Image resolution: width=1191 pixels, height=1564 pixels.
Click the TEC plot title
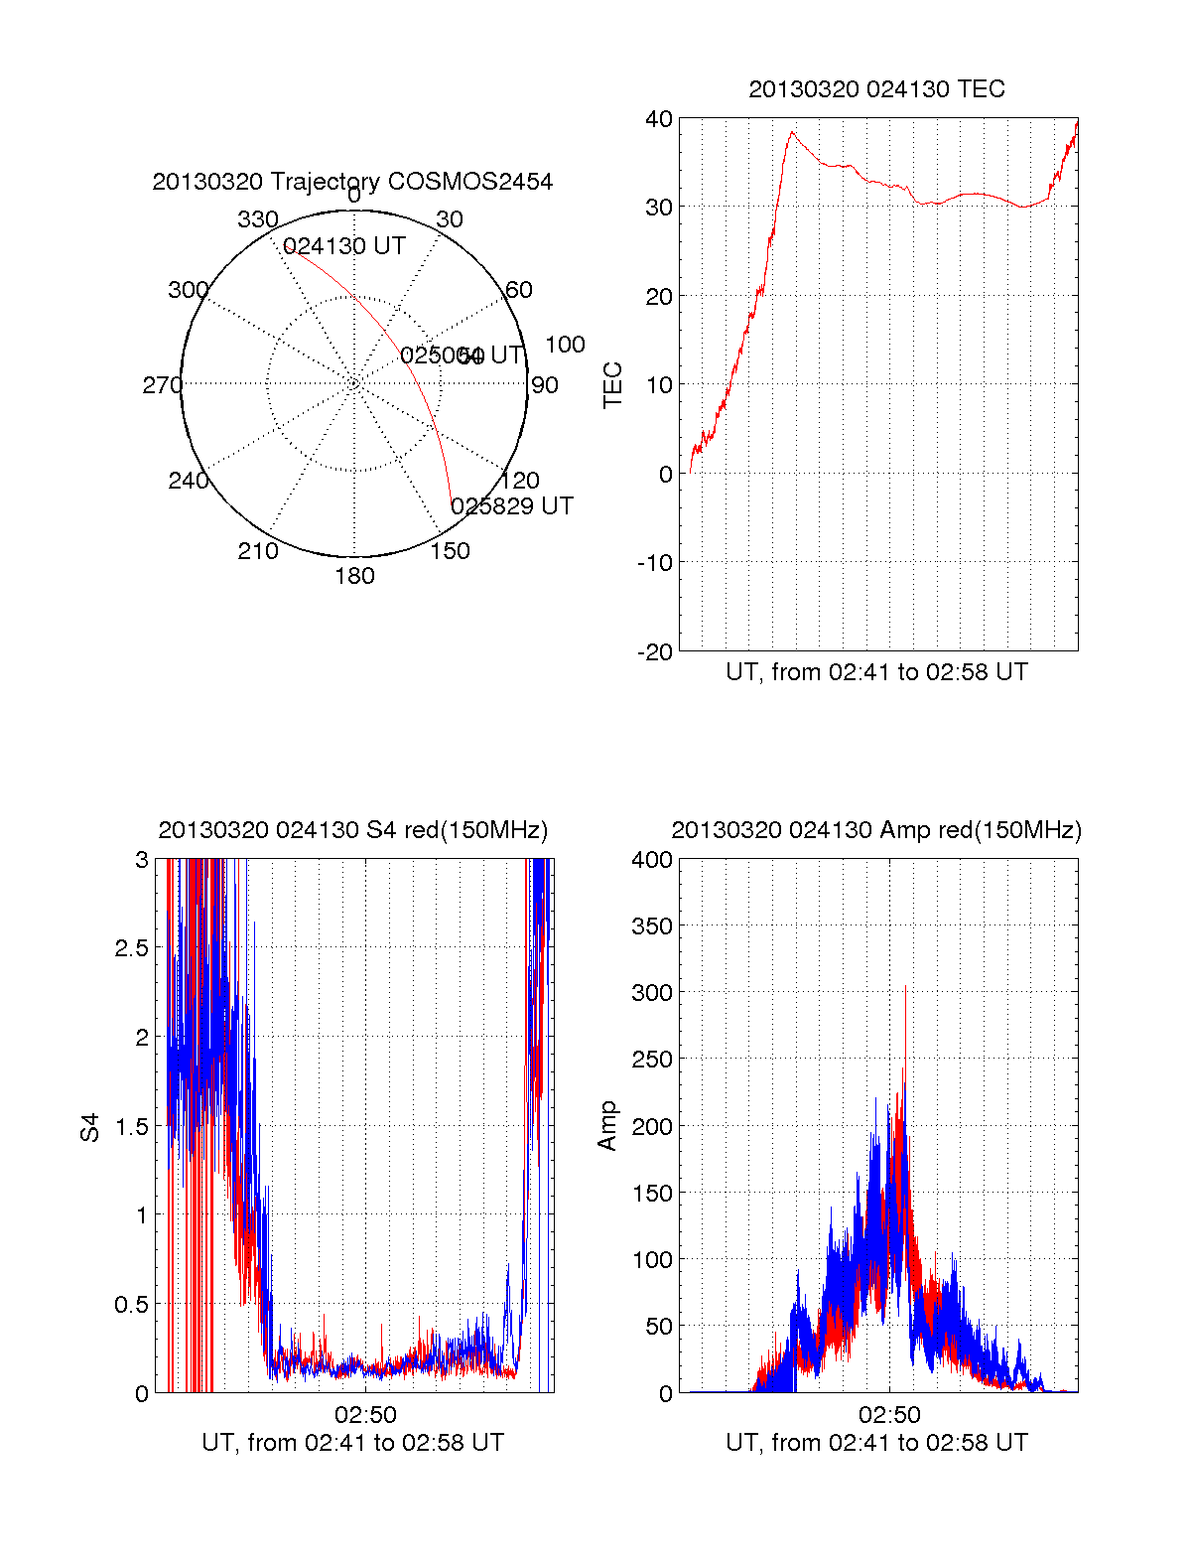pos(876,89)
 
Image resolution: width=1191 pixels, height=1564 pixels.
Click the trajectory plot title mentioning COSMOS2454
pos(352,182)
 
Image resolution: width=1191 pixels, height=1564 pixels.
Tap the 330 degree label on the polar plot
pos(257,219)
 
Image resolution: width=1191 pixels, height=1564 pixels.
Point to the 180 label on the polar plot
pos(354,576)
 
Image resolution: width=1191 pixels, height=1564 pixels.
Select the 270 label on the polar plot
pos(162,385)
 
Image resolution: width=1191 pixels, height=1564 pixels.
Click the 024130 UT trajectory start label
pos(344,246)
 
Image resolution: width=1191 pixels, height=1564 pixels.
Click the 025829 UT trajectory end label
pos(512,506)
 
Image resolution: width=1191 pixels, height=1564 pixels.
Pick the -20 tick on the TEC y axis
pos(656,652)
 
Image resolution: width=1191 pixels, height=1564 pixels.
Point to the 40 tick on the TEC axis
pos(659,119)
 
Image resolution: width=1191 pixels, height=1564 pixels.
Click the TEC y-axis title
pos(613,385)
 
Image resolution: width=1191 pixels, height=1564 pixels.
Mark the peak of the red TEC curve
pos(792,132)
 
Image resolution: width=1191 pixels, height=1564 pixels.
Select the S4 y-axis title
pos(90,1127)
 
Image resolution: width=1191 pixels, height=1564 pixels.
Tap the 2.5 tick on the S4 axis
pos(132,948)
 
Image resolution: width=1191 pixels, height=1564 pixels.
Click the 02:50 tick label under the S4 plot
pos(365,1415)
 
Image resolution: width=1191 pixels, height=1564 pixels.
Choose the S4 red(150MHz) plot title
pos(352,830)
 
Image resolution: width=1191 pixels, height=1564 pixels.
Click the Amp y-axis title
pos(607,1126)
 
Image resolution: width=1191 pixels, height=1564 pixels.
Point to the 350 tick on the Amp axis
pos(652,926)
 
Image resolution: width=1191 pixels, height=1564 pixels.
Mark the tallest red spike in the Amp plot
pos(905,987)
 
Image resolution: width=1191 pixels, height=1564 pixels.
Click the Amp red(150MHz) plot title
pos(876,830)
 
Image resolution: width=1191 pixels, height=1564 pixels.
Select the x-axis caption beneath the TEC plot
pos(876,672)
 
